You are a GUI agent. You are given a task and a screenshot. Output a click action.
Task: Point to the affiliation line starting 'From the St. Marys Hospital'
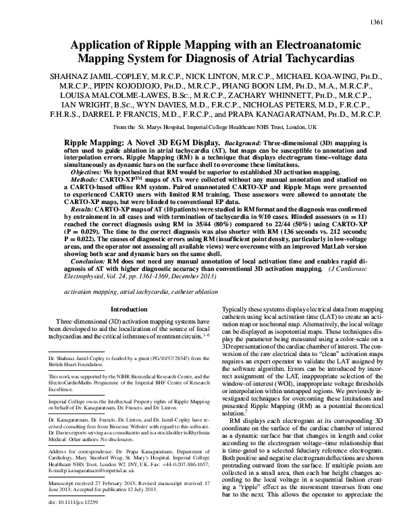(x=200, y=127)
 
